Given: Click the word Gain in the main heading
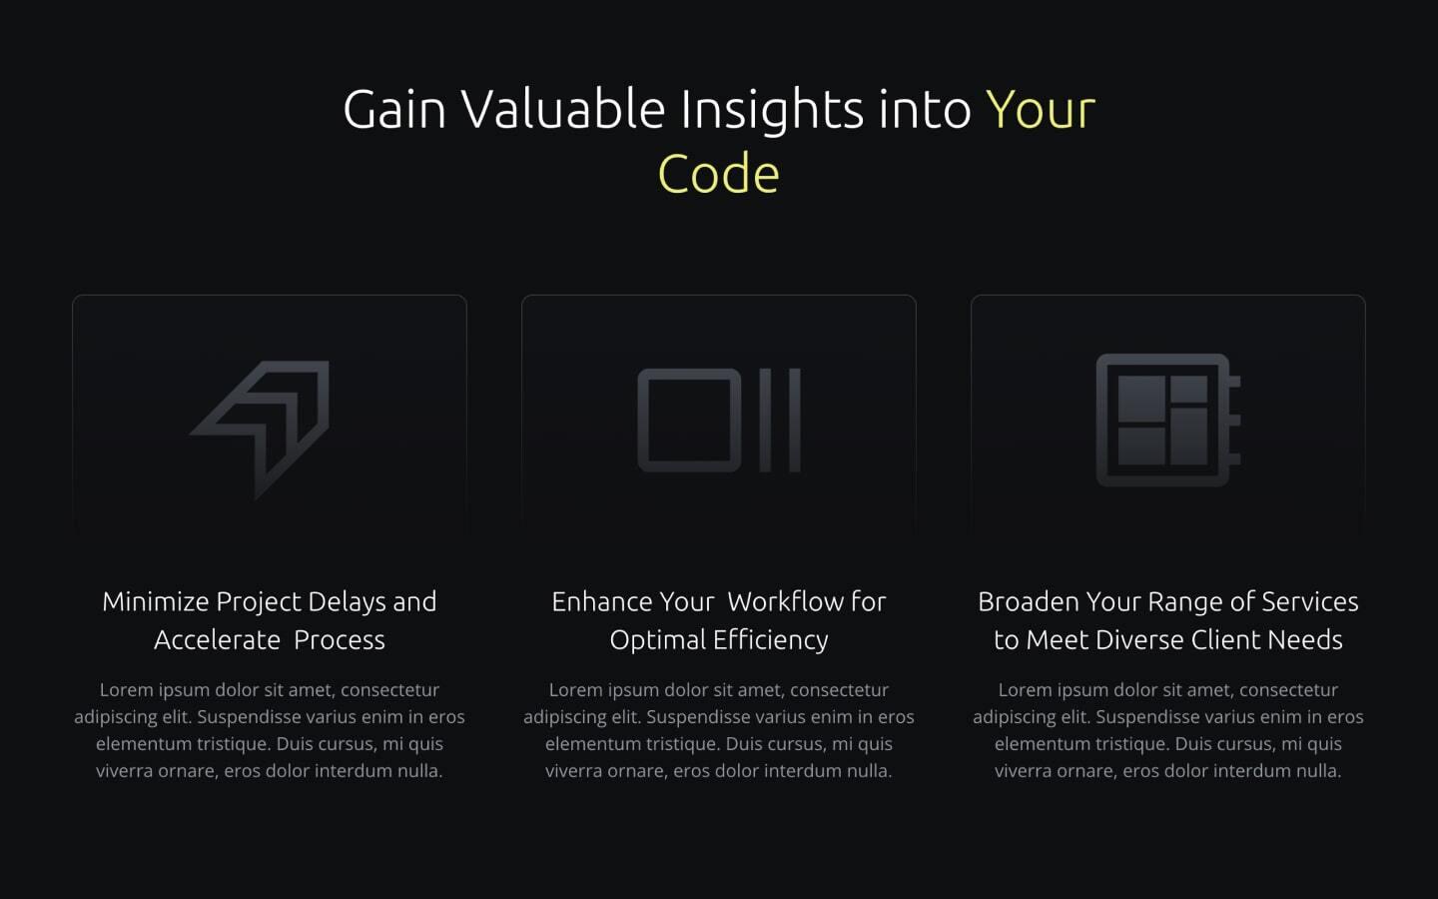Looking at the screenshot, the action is tap(394, 109).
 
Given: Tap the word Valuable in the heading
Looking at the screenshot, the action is tap(563, 109).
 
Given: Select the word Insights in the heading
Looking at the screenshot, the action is tap(772, 112).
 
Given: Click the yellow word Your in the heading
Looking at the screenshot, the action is tap(1041, 110).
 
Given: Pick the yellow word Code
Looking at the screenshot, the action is tap(718, 174).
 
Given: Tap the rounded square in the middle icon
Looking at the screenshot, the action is tap(689, 421).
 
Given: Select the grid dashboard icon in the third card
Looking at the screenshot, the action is tap(1168, 420).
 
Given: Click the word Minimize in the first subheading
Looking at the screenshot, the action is tap(156, 601).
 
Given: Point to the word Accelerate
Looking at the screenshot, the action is tap(217, 640).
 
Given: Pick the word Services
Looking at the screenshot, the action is tap(1309, 601).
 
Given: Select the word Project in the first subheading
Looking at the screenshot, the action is tap(258, 602).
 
